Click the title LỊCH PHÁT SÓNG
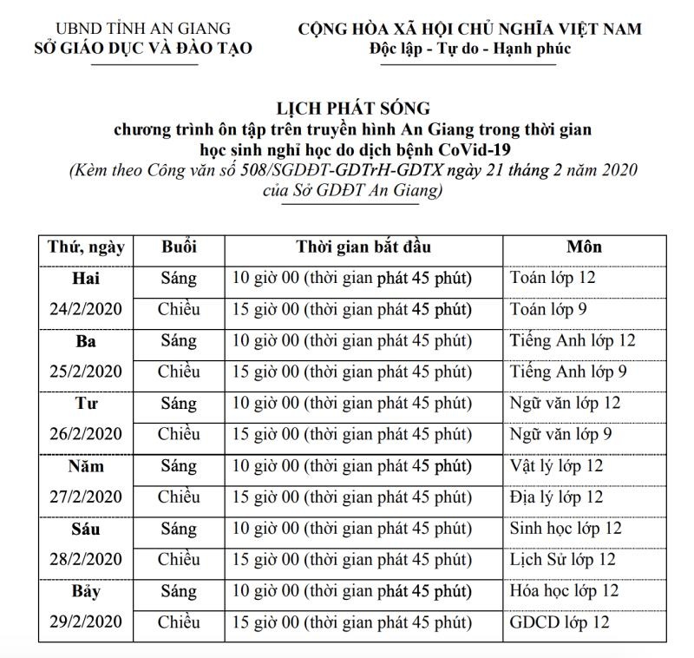tap(353, 109)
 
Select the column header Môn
tap(584, 247)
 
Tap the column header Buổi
tap(179, 247)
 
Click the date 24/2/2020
tap(86, 310)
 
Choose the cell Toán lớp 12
tap(553, 279)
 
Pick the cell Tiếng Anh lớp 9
tap(569, 372)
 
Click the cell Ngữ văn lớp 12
tap(566, 404)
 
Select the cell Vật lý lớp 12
tap(556, 466)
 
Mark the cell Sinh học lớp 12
tap(566, 529)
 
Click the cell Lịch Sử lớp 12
tap(563, 560)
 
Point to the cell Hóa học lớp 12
tap(564, 591)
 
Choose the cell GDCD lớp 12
tap(560, 622)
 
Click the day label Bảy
tap(86, 592)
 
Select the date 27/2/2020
tap(86, 497)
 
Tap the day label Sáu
tap(86, 529)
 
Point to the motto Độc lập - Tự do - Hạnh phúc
tap(469, 48)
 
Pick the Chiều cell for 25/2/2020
tap(179, 372)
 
